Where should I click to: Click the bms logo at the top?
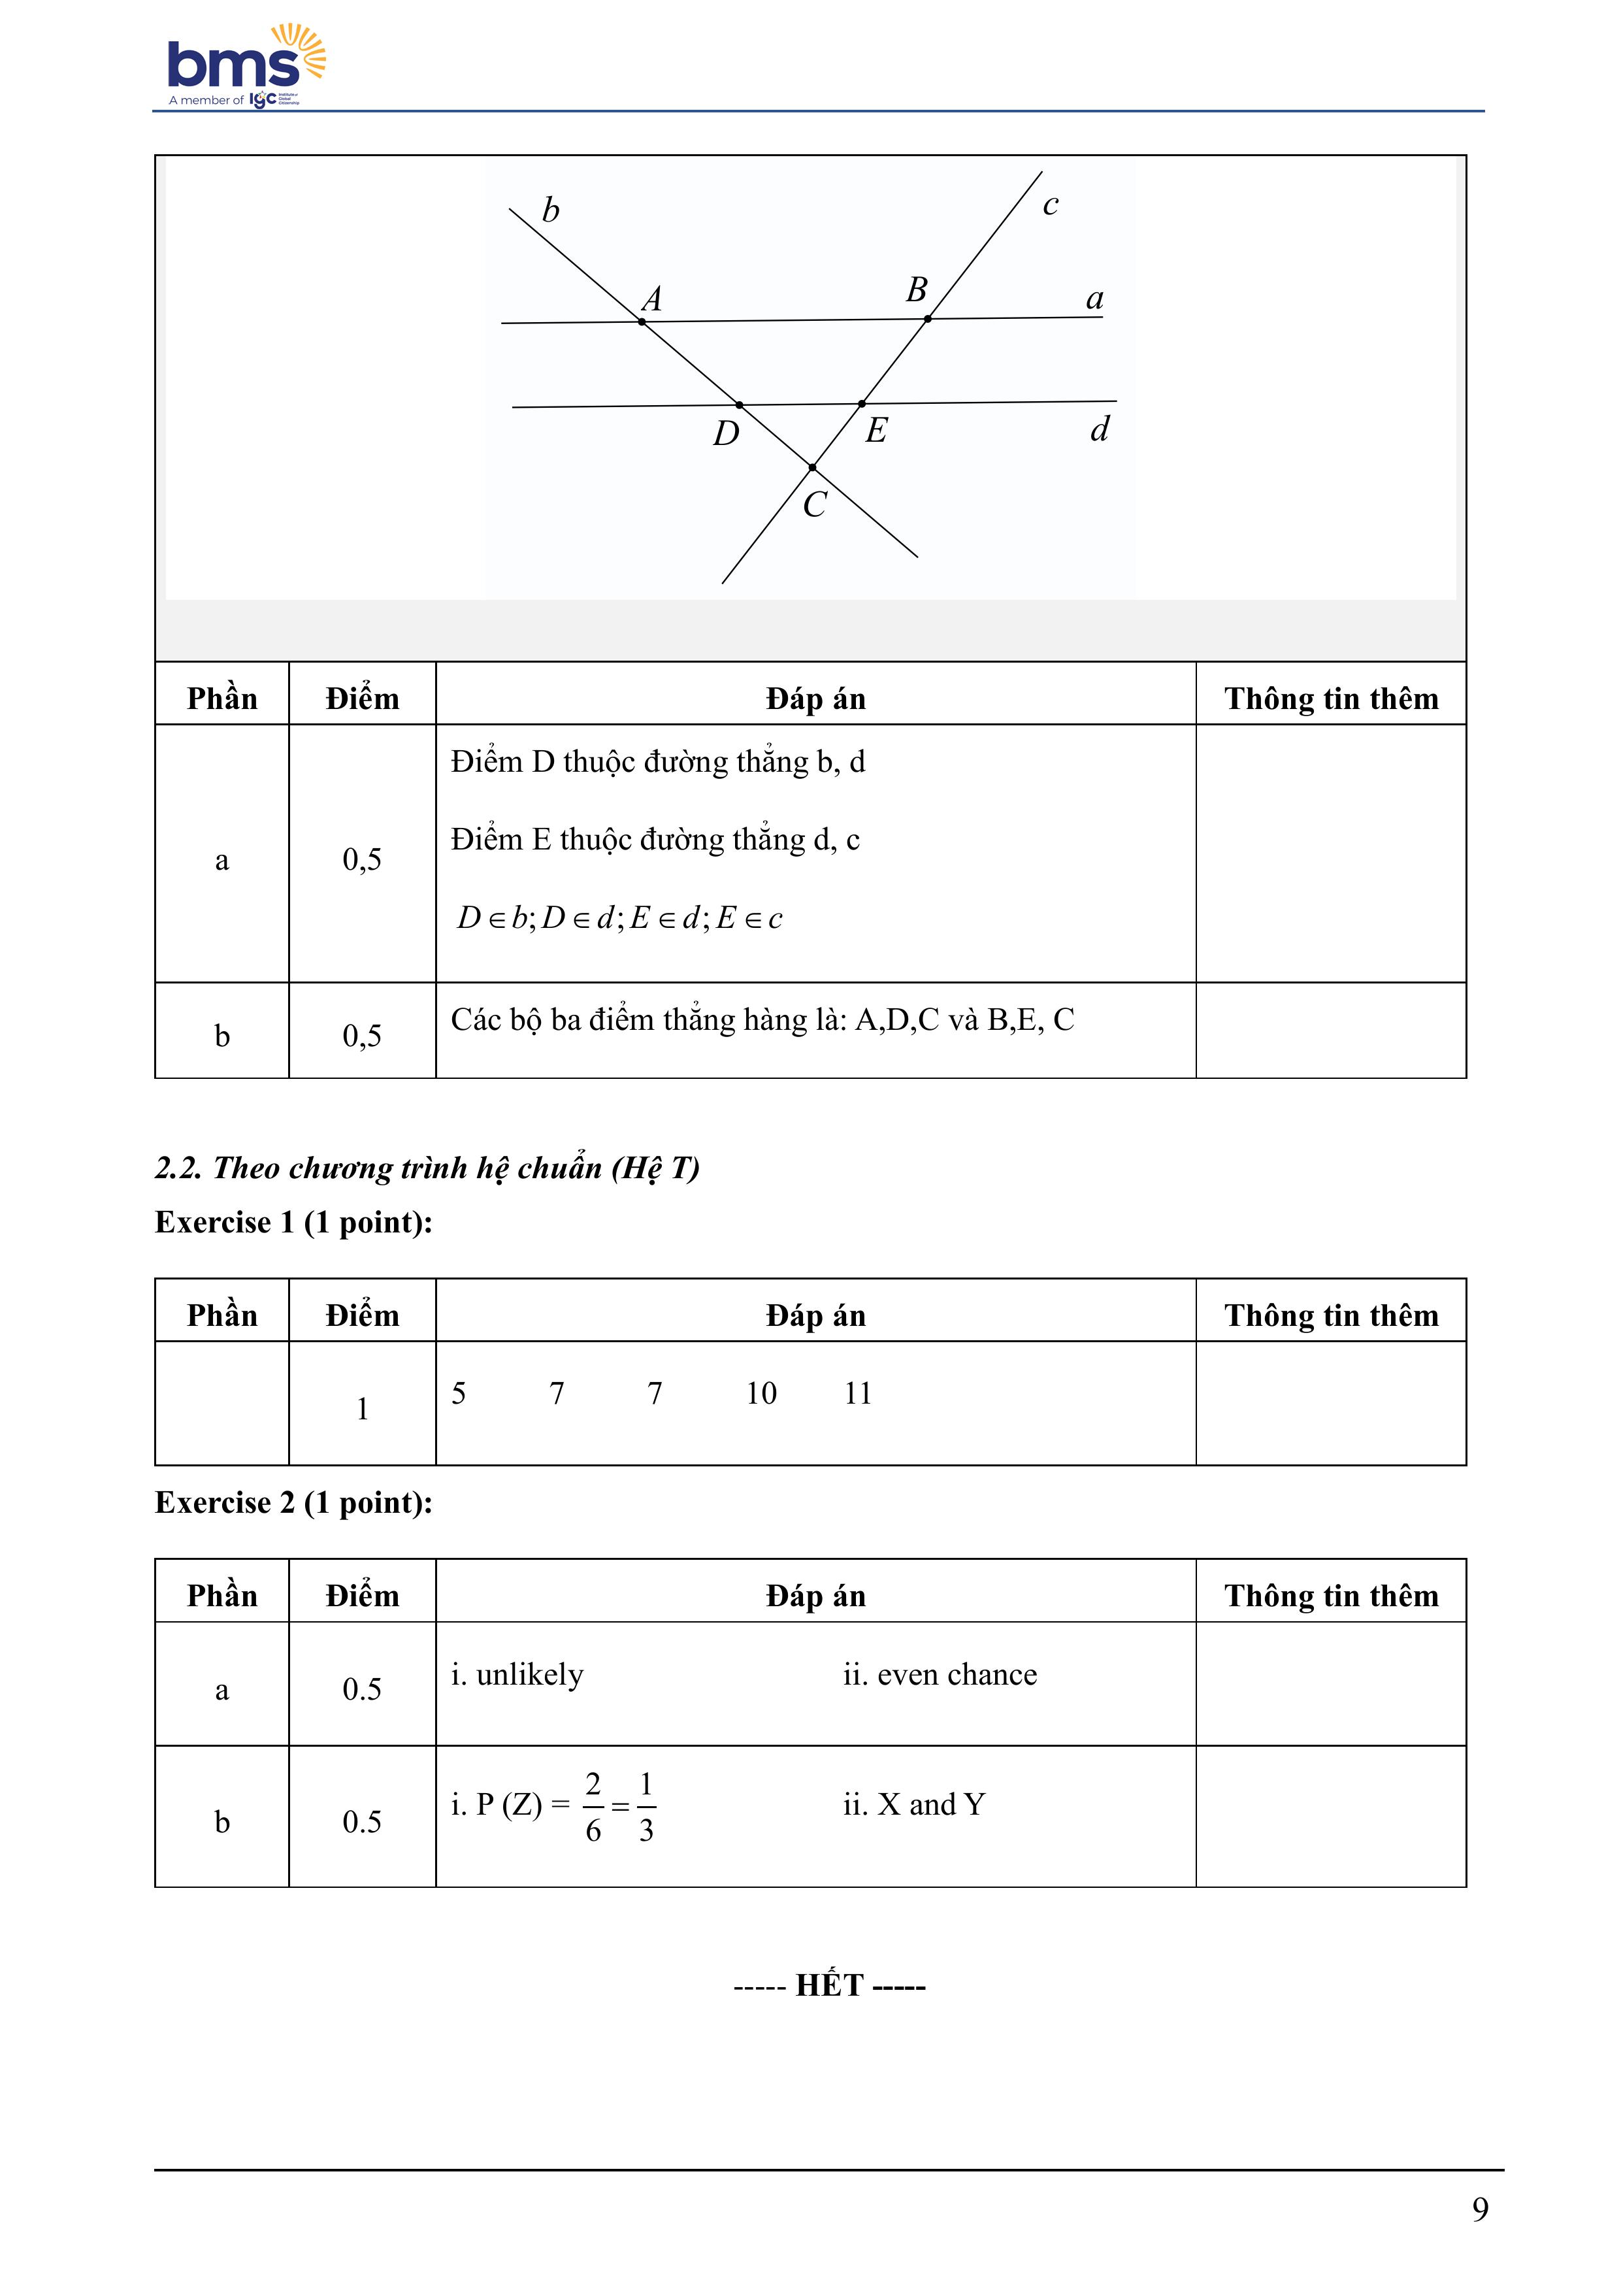pyautogui.click(x=245, y=65)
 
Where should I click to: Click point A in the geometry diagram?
pyautogui.click(x=641, y=322)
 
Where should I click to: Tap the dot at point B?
pyautogui.click(x=928, y=319)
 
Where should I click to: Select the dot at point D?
pyautogui.click(x=739, y=404)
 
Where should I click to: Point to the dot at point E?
pyautogui.click(x=862, y=403)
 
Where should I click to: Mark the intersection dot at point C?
pyautogui.click(x=812, y=467)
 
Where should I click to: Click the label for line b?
pyautogui.click(x=550, y=210)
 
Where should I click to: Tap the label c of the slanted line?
pyautogui.click(x=1050, y=205)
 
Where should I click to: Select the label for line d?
pyautogui.click(x=1100, y=429)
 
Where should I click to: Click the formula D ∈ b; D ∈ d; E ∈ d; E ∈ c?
pyautogui.click(x=619, y=918)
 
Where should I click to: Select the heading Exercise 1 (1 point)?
pyautogui.click(x=293, y=1223)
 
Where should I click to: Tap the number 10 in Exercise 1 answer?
pyautogui.click(x=761, y=1393)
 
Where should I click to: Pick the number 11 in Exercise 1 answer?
pyautogui.click(x=858, y=1393)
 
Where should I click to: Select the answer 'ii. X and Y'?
pyautogui.click(x=914, y=1805)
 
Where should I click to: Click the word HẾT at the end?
pyautogui.click(x=829, y=1985)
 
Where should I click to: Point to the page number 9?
pyautogui.click(x=1480, y=2209)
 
